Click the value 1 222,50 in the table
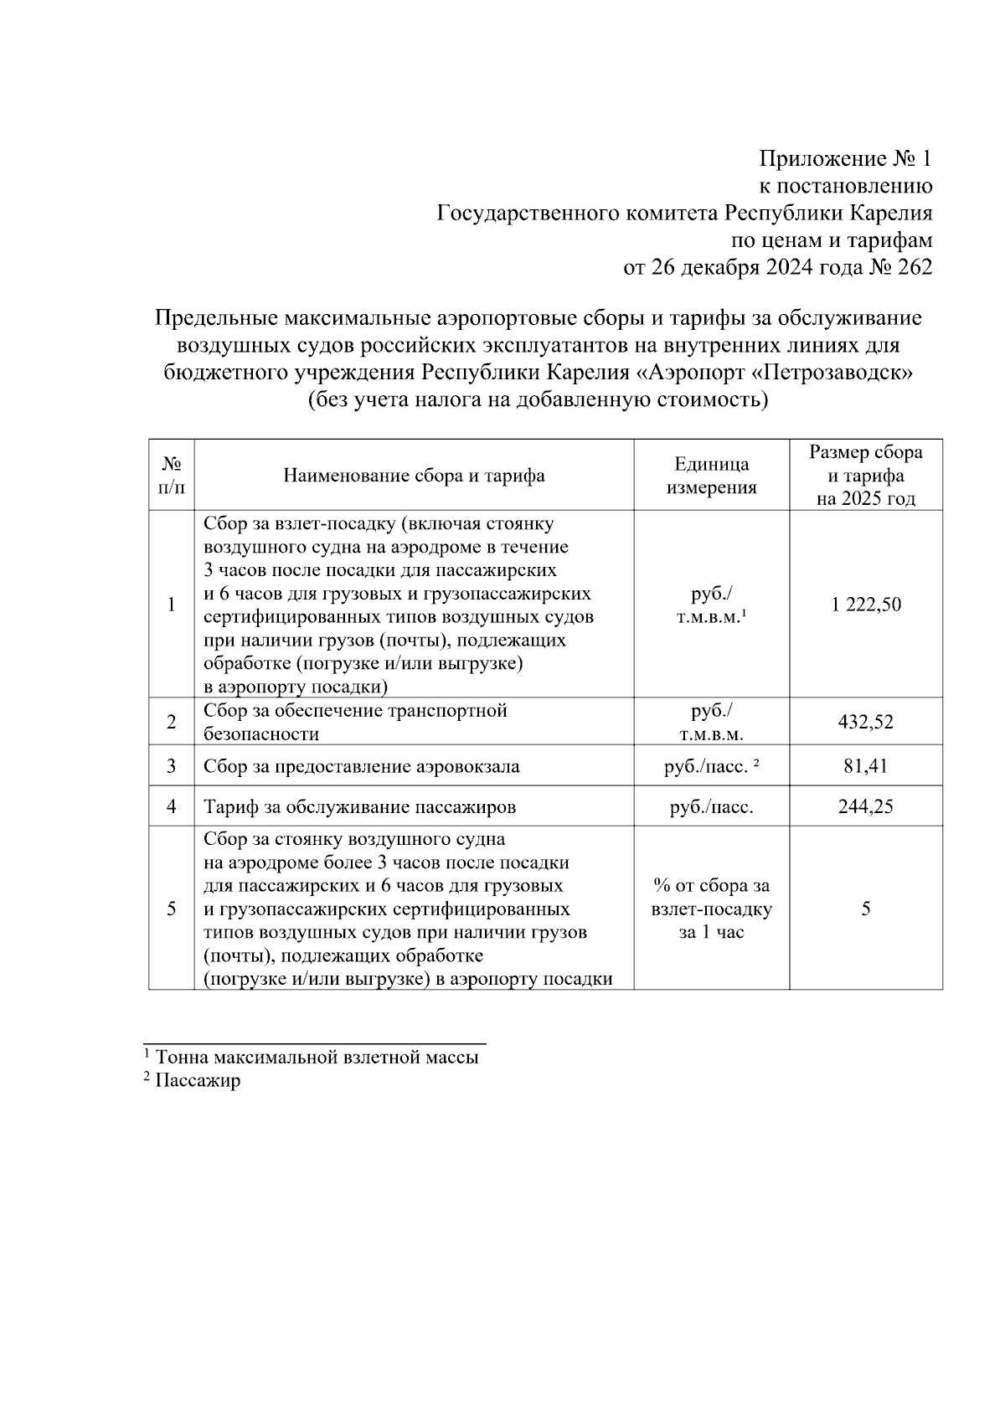point(866,605)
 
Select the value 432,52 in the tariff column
point(866,722)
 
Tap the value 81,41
point(866,766)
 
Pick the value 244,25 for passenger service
point(866,806)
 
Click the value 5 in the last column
point(866,909)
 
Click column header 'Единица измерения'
point(711,476)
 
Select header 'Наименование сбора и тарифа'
point(414,476)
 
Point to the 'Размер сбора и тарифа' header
point(866,476)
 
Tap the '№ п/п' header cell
point(171,475)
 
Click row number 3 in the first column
point(171,766)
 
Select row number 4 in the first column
point(171,806)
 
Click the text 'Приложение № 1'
point(845,159)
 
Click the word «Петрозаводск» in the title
point(828,372)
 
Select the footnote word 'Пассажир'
point(198,1080)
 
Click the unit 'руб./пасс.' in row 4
point(711,806)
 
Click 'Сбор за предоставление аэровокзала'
point(362,766)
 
